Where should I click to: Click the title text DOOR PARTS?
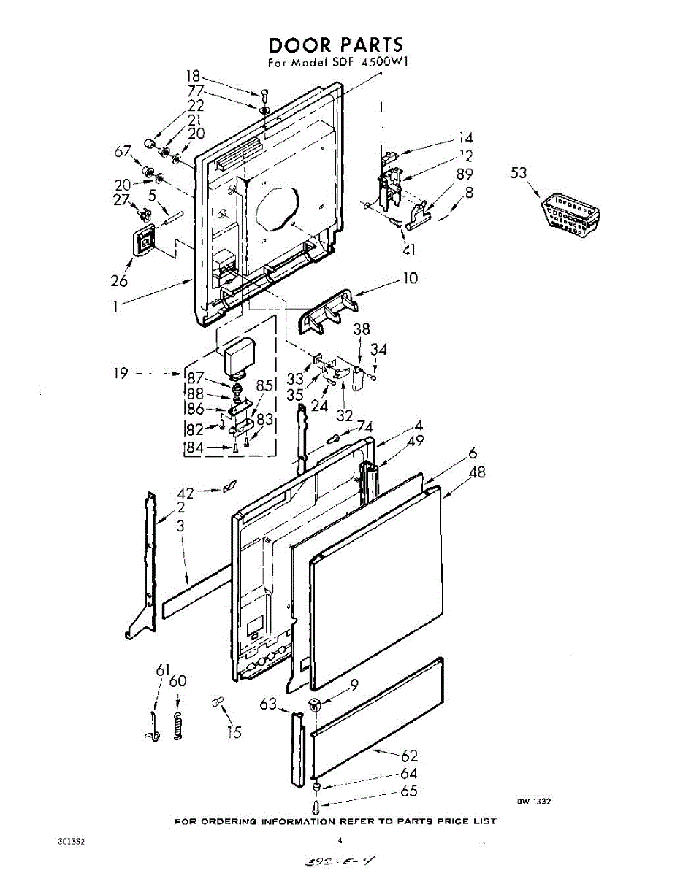coord(335,45)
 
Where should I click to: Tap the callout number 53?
coord(519,173)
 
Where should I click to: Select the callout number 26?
coord(119,281)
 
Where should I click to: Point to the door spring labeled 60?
coord(177,726)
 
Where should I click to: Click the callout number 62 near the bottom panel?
coord(410,756)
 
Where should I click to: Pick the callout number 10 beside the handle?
coord(411,279)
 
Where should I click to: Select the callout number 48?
coord(477,472)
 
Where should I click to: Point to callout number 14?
coord(465,138)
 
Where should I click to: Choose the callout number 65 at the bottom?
coord(409,791)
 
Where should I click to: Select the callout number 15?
coord(234,732)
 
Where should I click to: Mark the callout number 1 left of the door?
coord(115,307)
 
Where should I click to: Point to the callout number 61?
coord(162,670)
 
